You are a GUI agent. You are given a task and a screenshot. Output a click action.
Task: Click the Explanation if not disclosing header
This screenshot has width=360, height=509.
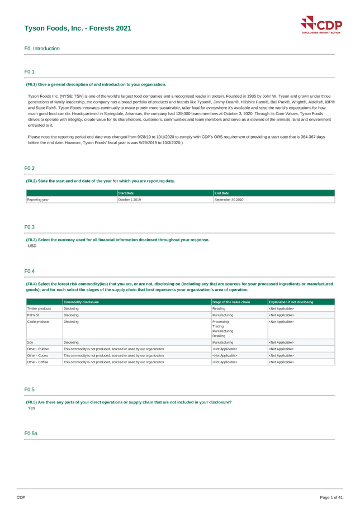291,302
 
